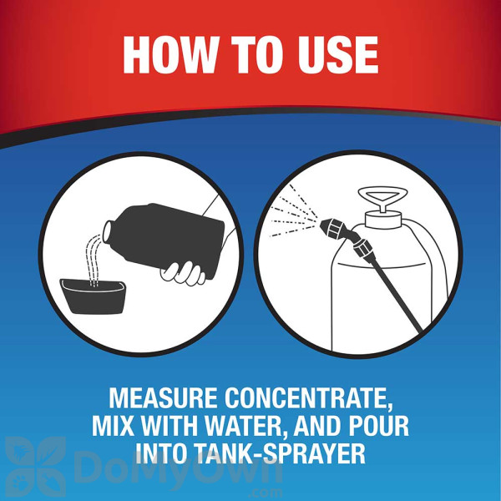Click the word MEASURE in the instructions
pos(163,398)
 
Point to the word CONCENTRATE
pos(308,399)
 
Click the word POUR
pos(378,426)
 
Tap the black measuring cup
pos(94,296)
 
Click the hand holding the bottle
pos(184,273)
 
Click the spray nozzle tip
pos(323,225)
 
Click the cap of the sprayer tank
pos(383,219)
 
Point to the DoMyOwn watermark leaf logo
pos(35,466)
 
